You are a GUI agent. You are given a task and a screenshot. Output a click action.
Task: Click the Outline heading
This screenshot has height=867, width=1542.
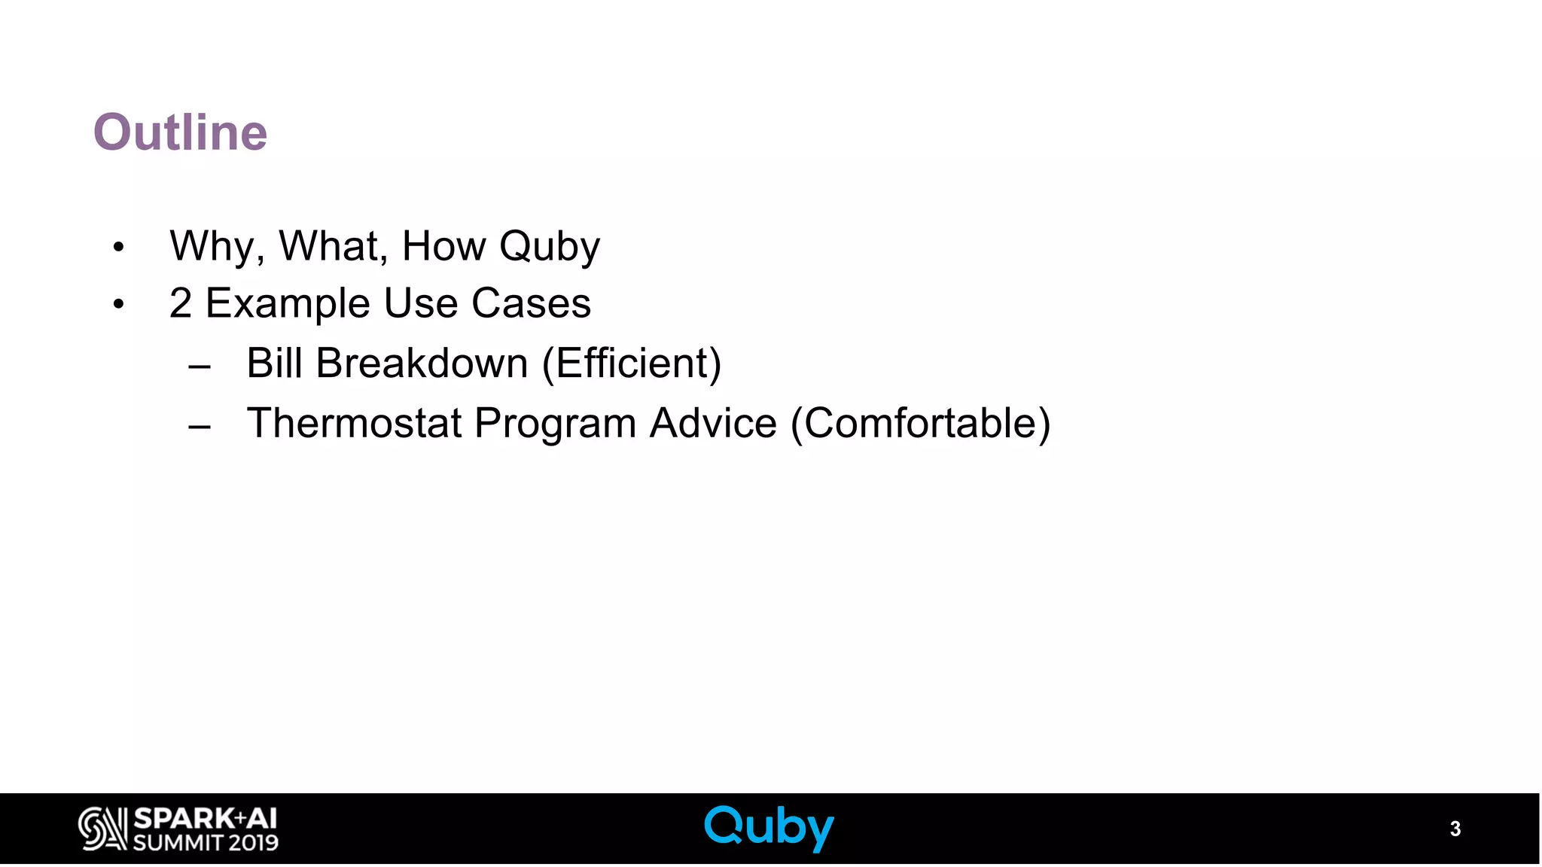(x=180, y=132)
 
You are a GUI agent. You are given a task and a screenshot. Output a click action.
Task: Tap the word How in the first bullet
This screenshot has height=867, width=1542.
(x=443, y=246)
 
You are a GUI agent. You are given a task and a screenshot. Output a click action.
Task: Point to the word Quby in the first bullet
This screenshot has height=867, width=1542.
(x=550, y=248)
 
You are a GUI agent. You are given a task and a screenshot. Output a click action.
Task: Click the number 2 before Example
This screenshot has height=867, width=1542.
(x=181, y=303)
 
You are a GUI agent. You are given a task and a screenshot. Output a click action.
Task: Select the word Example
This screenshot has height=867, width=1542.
(x=288, y=304)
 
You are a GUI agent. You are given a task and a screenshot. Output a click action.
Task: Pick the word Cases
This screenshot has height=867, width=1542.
(x=531, y=303)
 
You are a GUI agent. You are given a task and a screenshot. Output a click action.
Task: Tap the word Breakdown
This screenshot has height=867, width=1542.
(x=422, y=363)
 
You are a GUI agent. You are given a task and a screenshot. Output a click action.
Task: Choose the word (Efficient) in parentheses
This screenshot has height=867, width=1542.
(x=632, y=364)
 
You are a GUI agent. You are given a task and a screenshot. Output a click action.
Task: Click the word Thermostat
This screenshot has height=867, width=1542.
(x=354, y=422)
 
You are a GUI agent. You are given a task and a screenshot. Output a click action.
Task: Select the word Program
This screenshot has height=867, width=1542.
(x=555, y=424)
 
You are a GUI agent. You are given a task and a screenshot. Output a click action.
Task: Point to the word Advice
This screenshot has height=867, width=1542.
(x=713, y=422)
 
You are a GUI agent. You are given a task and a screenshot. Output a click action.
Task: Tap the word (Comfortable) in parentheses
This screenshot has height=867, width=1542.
(x=920, y=424)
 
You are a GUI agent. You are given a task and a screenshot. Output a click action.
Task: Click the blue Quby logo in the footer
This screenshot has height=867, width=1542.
(x=769, y=828)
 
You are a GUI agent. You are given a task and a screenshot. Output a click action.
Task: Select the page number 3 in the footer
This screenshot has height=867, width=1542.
(x=1455, y=829)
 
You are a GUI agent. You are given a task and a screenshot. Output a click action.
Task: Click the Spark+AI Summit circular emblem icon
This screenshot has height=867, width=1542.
(x=102, y=829)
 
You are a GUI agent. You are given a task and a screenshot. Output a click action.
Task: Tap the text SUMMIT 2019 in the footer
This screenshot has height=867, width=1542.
(x=206, y=842)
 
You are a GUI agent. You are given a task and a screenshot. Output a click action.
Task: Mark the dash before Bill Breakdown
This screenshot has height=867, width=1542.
(x=200, y=367)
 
